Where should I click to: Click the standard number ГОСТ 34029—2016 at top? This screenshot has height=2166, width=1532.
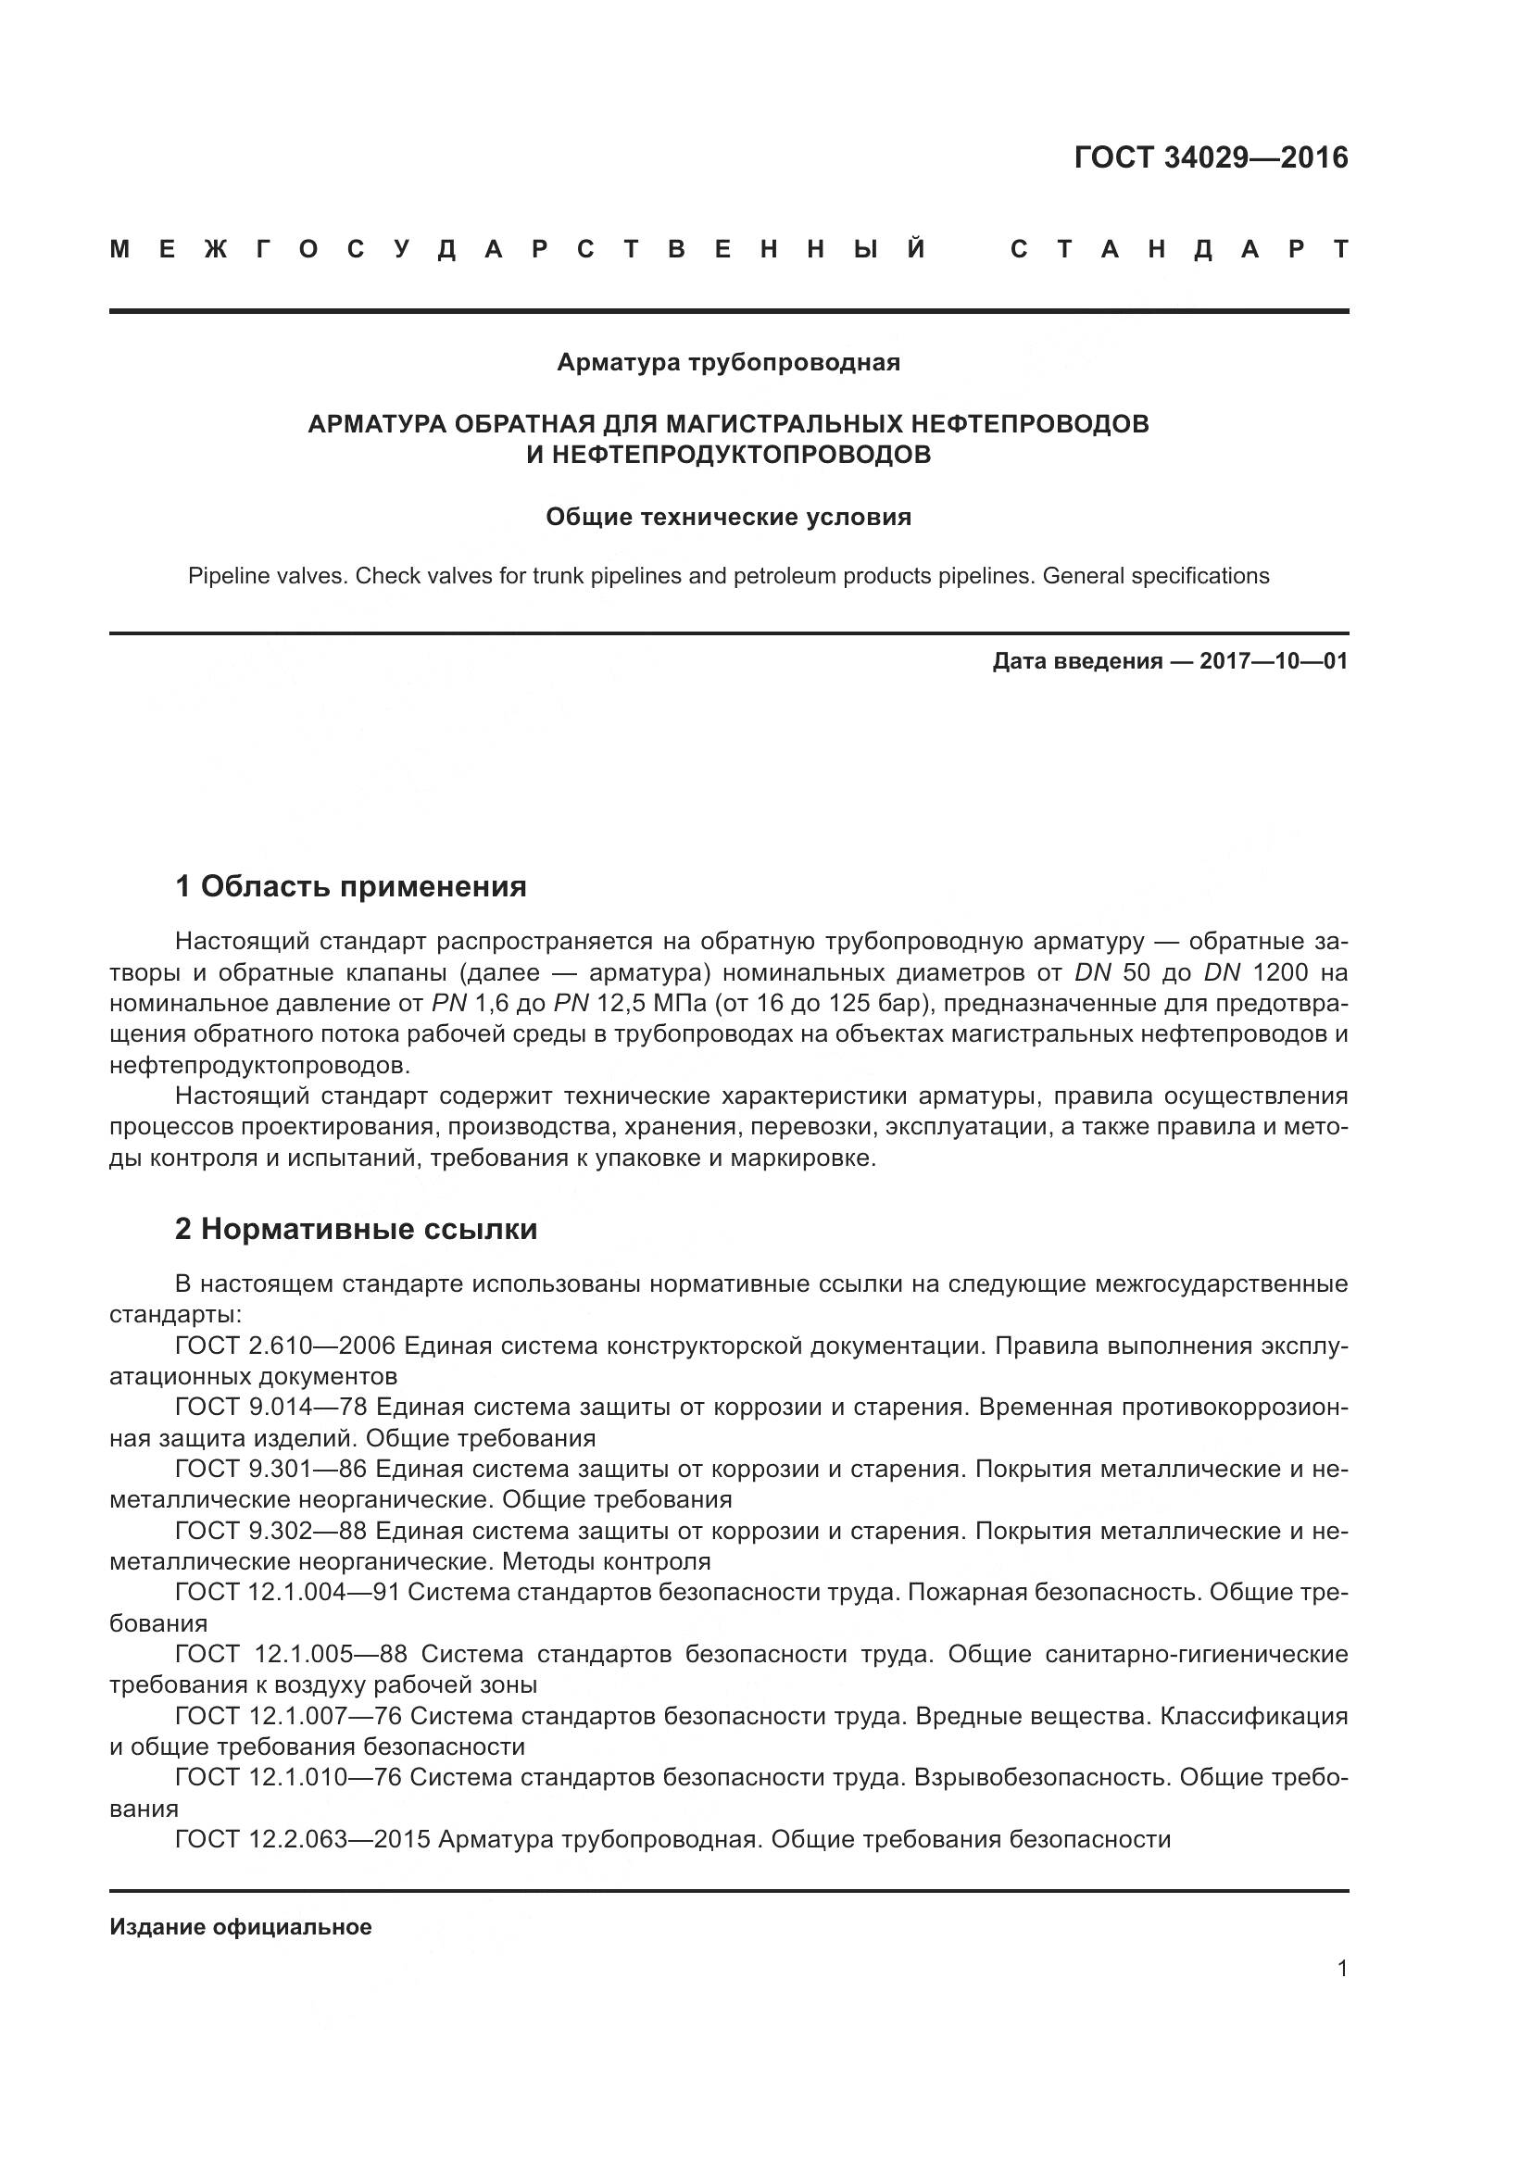(1211, 157)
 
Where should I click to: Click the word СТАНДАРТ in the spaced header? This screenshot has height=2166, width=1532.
(1179, 250)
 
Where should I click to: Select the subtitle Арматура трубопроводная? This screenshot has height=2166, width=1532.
(728, 362)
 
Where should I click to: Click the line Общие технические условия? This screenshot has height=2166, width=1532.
(728, 517)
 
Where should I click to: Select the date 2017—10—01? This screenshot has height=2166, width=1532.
(1274, 661)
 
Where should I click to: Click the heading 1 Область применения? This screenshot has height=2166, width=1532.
(351, 886)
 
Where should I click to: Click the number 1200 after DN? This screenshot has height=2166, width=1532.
(1280, 972)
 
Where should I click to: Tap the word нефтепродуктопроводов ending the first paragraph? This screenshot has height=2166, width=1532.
(258, 1066)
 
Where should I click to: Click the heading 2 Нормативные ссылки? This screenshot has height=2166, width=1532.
(357, 1229)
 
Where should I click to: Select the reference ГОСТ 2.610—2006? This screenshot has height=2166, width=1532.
(285, 1346)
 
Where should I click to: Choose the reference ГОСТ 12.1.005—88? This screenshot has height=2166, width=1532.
(291, 1654)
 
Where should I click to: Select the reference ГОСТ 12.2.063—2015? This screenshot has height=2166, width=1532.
(303, 1839)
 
